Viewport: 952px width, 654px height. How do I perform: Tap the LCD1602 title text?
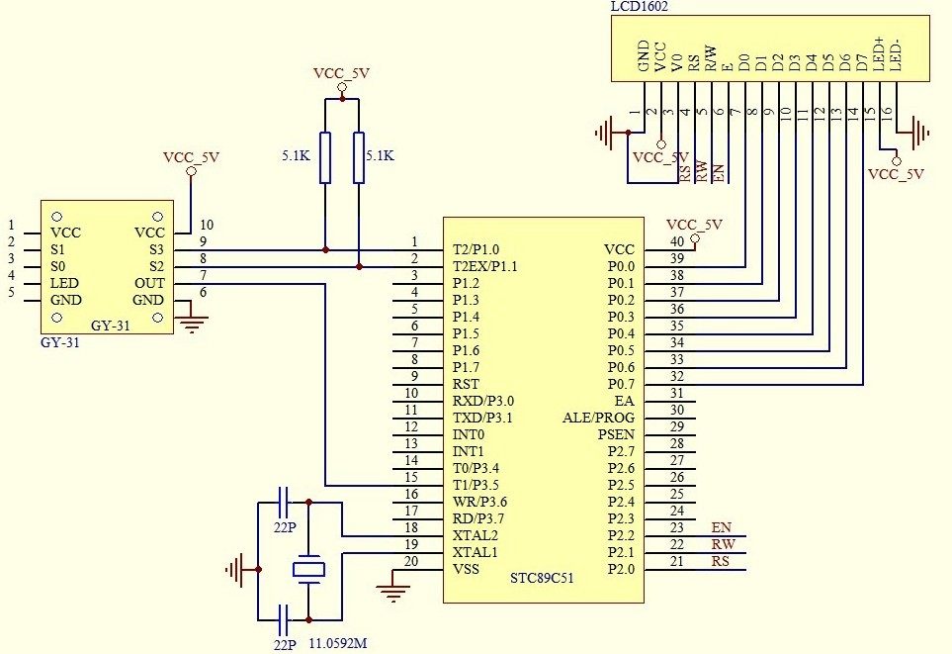(x=641, y=7)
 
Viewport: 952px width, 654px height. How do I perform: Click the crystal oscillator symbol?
(x=309, y=570)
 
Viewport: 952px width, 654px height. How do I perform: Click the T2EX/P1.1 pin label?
(x=485, y=266)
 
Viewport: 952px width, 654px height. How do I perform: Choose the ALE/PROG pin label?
(x=599, y=418)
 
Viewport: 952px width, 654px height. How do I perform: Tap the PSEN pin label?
(x=616, y=434)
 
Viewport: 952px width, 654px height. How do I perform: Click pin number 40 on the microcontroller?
(x=676, y=242)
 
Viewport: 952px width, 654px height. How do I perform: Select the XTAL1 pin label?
(x=475, y=552)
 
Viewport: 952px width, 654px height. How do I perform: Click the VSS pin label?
(x=466, y=569)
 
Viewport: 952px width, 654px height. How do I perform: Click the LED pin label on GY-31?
(x=65, y=283)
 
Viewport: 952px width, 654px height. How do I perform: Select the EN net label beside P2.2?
(x=721, y=527)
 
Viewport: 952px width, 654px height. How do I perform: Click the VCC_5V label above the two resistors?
(x=340, y=73)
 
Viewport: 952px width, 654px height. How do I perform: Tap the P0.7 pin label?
(x=620, y=384)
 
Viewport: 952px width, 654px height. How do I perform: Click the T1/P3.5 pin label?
(x=476, y=485)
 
